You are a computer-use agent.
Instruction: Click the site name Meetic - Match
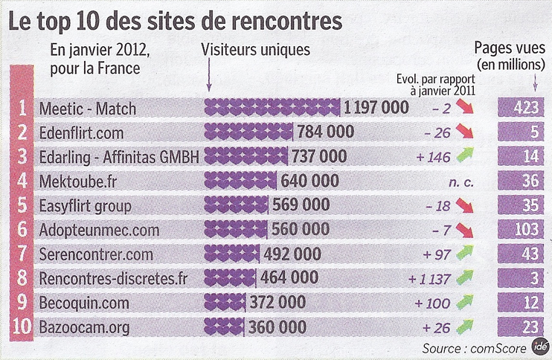87,109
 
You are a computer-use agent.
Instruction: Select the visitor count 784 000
326,132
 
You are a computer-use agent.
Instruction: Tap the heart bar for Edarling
246,156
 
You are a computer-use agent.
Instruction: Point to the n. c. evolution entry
460,182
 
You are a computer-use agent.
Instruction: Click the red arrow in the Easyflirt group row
465,205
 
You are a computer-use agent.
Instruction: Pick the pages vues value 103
526,229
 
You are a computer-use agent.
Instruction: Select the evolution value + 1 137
429,279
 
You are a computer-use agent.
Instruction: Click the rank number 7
22,254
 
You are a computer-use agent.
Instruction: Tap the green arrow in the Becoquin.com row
465,302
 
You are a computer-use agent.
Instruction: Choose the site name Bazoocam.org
84,327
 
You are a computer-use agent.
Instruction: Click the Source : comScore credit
474,348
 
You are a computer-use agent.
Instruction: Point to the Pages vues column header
510,57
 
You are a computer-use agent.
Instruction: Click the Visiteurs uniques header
256,50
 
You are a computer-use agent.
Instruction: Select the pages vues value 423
526,107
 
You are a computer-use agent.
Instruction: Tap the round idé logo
540,347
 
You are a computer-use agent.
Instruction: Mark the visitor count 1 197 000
376,108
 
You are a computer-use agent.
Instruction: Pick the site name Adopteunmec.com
99,231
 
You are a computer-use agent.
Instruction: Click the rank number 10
22,327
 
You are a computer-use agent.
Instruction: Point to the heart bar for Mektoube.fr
240,181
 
